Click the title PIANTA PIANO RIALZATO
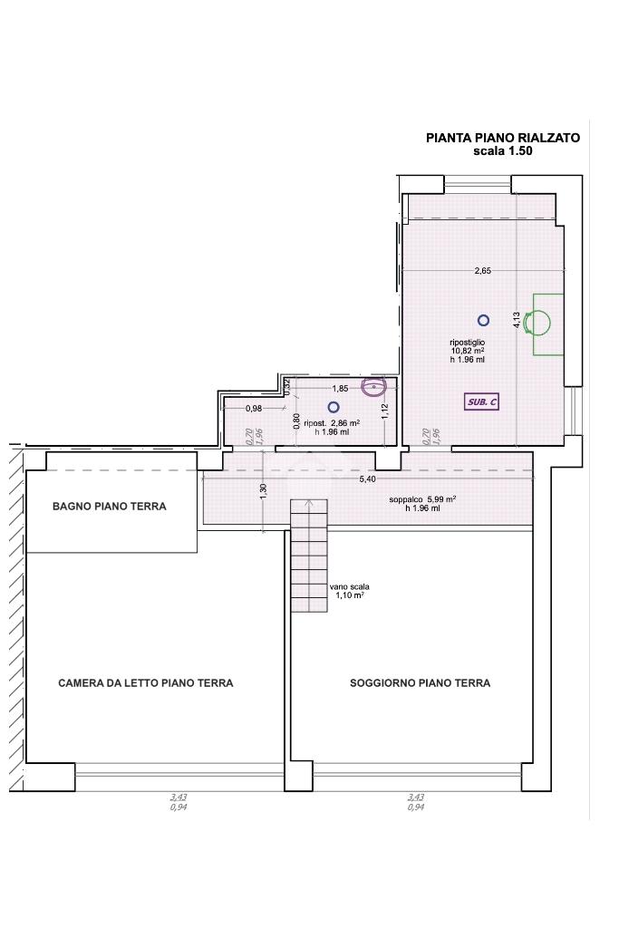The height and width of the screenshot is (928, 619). [503, 138]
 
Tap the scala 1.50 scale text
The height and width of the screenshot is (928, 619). [503, 151]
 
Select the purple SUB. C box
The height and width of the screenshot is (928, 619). [482, 401]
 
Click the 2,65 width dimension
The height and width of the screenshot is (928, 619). [483, 271]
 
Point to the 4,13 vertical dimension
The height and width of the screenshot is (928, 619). [517, 320]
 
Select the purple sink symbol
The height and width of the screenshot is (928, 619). [374, 386]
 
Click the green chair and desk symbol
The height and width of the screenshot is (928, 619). [548, 324]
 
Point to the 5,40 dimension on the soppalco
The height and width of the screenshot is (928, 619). [367, 478]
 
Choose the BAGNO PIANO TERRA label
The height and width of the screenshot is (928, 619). [110, 506]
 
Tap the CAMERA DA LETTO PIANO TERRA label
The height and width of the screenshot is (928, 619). [146, 683]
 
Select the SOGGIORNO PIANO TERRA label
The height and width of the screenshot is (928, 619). [421, 683]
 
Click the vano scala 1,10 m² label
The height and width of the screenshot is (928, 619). [350, 591]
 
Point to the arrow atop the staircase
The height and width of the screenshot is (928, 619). [309, 504]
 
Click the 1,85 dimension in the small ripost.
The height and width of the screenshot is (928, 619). [340, 389]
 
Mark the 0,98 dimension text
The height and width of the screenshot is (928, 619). [253, 409]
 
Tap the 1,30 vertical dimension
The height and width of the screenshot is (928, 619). [264, 489]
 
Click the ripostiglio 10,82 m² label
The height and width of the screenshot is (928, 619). [468, 351]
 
